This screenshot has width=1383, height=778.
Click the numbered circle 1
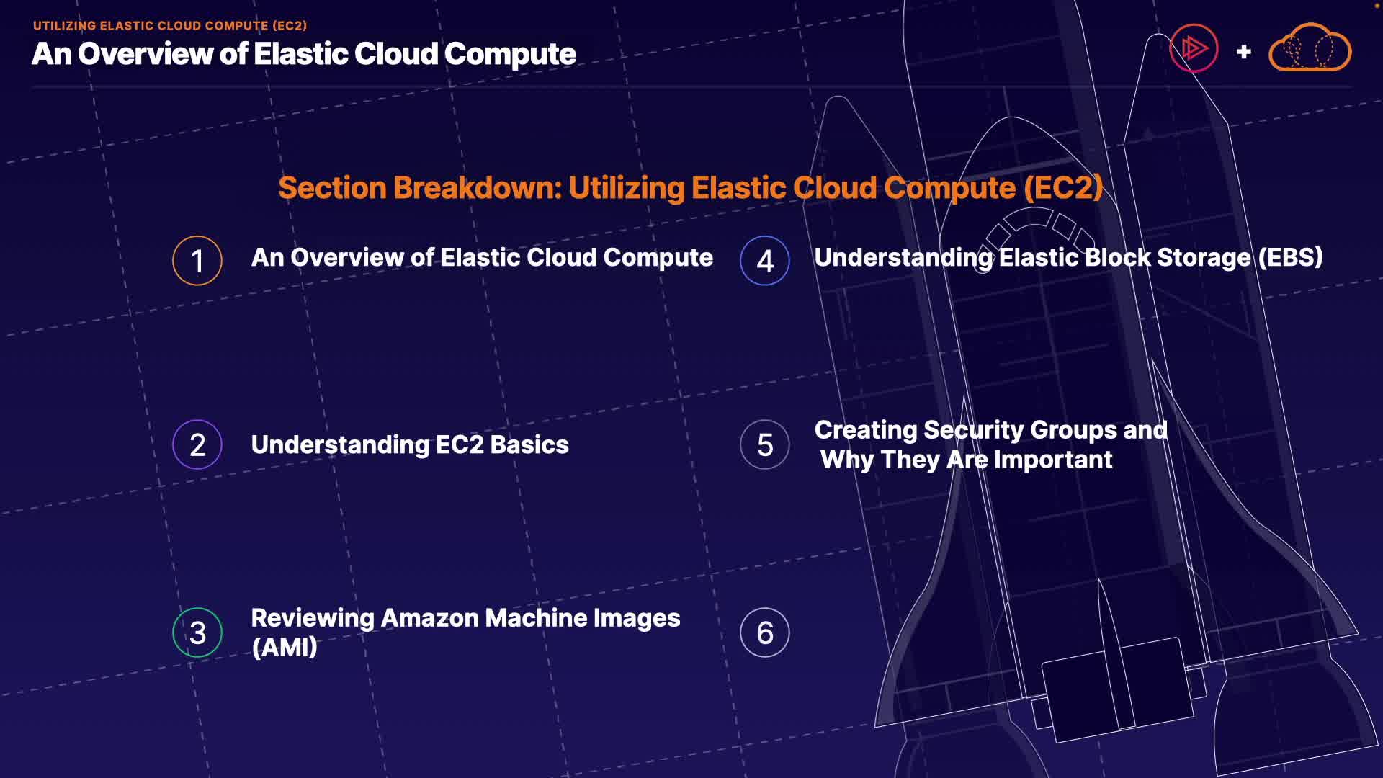[197, 261]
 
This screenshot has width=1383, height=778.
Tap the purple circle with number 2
[197, 444]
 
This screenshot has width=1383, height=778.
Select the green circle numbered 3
[197, 632]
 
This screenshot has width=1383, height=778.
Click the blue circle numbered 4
[764, 261]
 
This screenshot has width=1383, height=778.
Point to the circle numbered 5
[764, 444]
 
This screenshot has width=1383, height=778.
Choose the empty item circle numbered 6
[764, 632]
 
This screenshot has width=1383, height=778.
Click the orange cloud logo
[1310, 49]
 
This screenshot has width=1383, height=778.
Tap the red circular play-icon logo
[1194, 48]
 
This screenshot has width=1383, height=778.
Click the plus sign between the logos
[1243, 52]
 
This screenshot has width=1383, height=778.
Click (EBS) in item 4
[1290, 258]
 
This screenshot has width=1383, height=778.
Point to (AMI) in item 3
[285, 648]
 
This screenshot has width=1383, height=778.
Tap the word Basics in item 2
[529, 445]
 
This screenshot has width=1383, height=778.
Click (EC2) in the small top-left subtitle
[290, 26]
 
